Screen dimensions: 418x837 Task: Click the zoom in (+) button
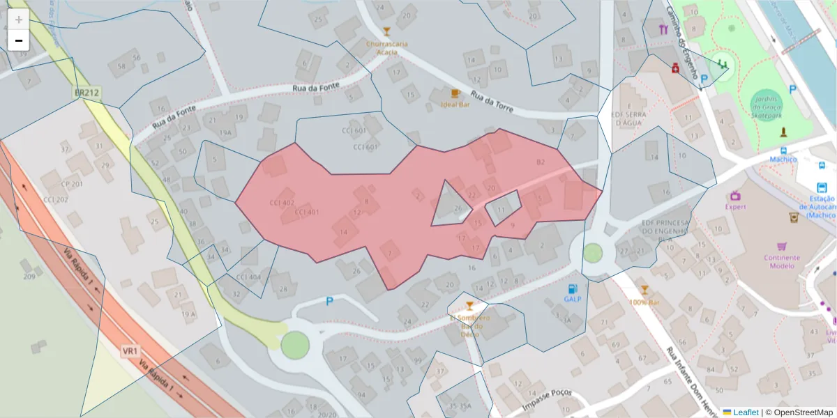(18, 19)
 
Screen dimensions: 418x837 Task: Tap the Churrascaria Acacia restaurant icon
(386, 31)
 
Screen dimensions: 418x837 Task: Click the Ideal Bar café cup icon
(455, 93)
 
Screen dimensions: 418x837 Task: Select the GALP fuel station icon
(573, 288)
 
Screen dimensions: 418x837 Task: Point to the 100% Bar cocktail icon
(644, 290)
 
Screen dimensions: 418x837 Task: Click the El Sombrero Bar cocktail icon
(469, 306)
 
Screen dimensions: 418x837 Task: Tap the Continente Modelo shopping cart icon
(782, 246)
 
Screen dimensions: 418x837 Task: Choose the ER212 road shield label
(87, 92)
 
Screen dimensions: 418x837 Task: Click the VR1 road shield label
(130, 350)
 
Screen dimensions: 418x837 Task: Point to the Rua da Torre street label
(492, 102)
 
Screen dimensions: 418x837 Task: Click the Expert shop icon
(735, 195)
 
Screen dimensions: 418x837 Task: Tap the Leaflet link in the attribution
(746, 412)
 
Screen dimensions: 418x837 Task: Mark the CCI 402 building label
(282, 203)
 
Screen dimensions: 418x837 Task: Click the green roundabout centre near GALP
(593, 252)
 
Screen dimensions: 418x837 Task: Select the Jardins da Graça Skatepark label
(767, 107)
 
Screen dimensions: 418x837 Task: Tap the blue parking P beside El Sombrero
(329, 302)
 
